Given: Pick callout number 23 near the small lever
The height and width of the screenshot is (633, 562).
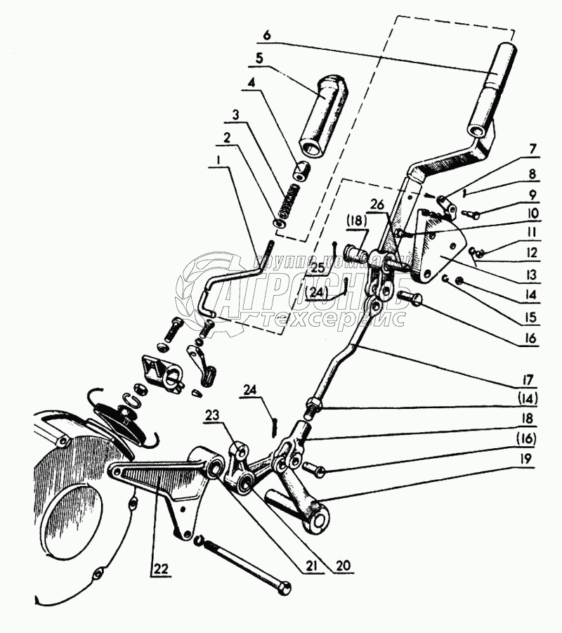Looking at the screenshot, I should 213,415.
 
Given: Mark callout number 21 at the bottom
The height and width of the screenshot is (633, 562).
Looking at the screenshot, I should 310,566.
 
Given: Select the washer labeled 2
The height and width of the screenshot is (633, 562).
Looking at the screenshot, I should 279,223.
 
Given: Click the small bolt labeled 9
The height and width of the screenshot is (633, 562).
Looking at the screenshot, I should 472,213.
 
